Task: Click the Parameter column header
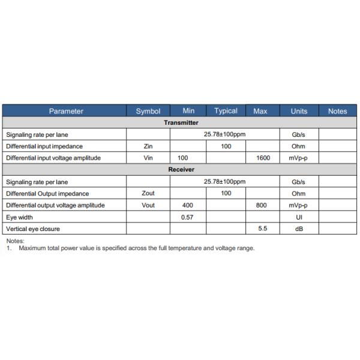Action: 66,111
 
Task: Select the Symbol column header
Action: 148,111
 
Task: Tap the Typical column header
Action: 226,111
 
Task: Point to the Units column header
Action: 299,111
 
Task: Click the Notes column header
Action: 337,111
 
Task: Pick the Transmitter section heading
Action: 181,123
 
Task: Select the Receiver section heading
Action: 181,170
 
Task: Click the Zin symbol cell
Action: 148,146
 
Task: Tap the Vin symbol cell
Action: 148,158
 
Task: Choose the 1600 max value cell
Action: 262,158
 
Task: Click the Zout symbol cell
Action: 148,194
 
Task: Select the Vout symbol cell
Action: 148,205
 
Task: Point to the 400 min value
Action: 187,205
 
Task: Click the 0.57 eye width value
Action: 187,217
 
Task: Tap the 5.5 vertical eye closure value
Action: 262,229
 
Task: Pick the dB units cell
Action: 299,229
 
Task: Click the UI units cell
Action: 299,217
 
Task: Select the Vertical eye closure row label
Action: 33,229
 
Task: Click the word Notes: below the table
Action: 15,241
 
